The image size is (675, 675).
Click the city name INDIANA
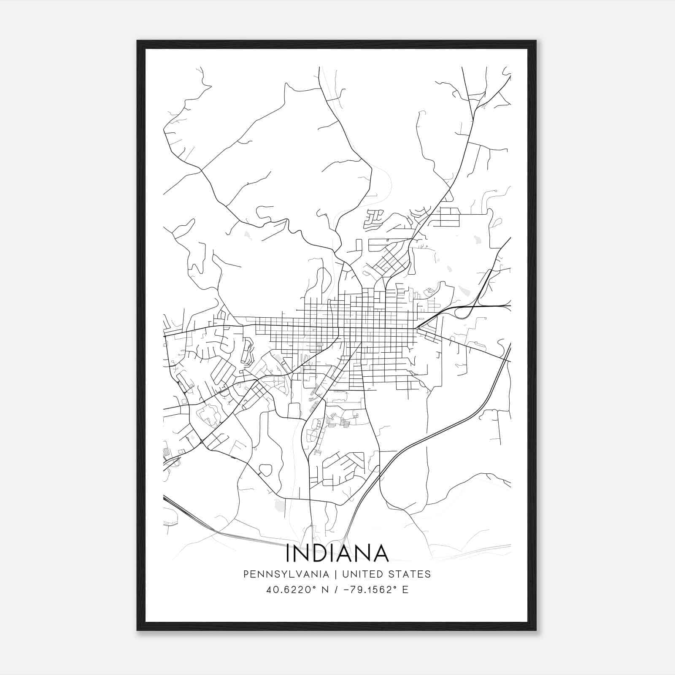(x=337, y=553)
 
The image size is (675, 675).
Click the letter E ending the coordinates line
(x=405, y=590)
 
